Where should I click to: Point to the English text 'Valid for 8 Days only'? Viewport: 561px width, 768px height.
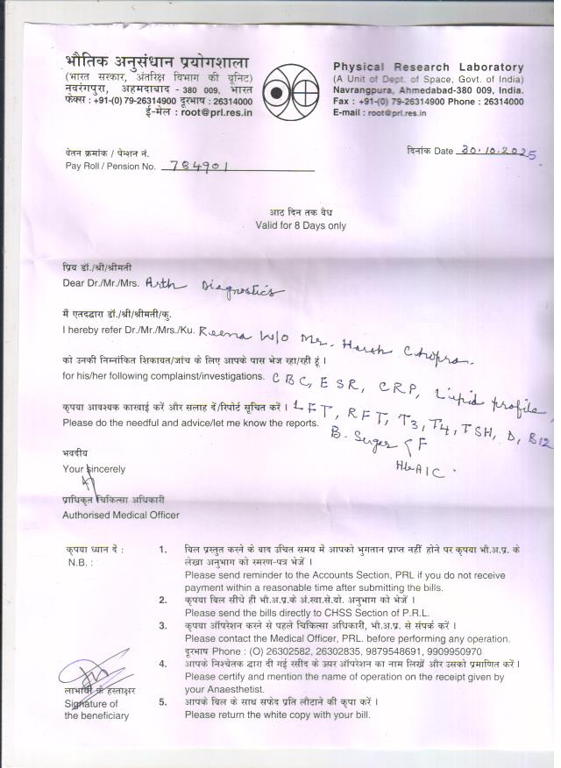(x=300, y=225)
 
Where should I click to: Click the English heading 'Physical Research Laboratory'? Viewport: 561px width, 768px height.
(x=428, y=68)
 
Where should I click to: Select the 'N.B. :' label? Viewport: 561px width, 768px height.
(x=80, y=562)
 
